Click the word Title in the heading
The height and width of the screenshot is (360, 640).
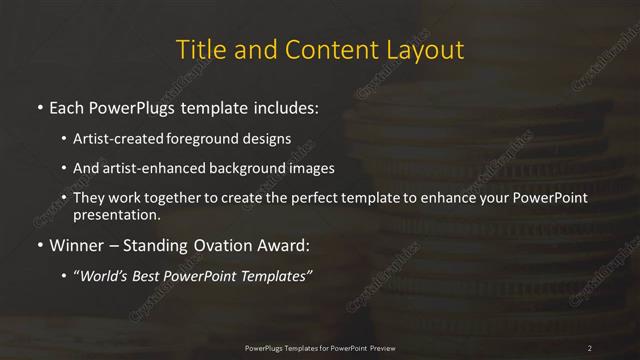tap(199, 49)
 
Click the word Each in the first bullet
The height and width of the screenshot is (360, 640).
tap(66, 106)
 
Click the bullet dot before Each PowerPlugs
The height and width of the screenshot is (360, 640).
tap(38, 107)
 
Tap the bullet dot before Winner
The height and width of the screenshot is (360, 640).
tap(38, 246)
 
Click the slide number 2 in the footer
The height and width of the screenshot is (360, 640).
tap(589, 348)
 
